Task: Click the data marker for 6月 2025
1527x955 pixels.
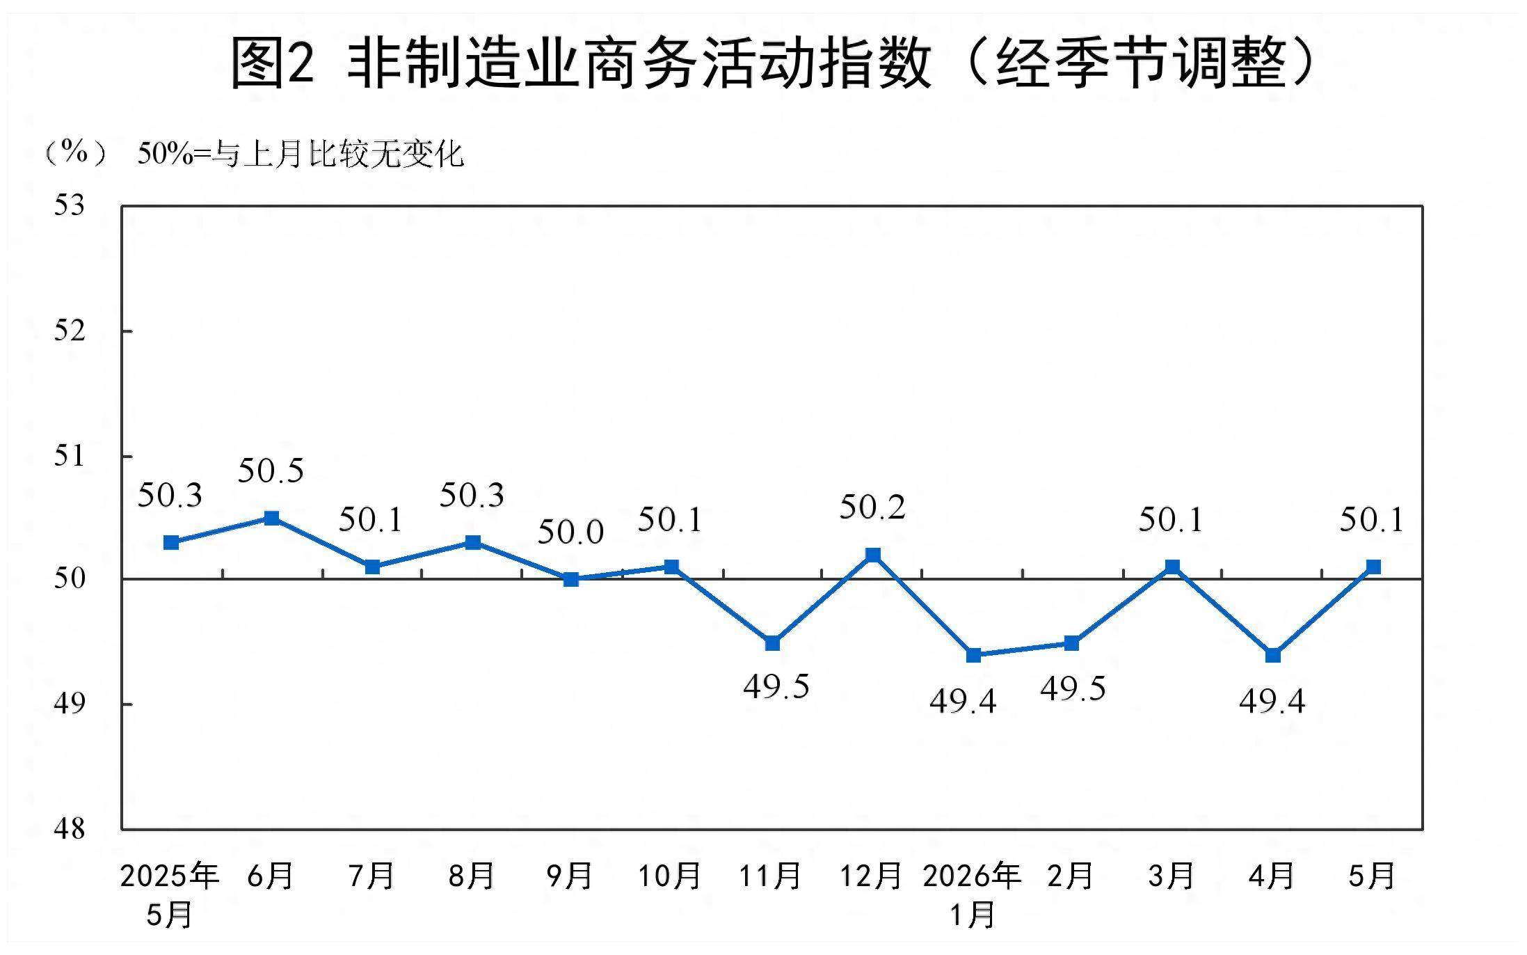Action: [272, 518]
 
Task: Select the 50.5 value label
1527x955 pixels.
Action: [271, 471]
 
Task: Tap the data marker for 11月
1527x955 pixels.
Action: [772, 643]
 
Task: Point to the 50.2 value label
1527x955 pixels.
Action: [872, 507]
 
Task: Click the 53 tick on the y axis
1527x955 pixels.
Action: [70, 205]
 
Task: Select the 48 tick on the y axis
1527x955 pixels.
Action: [70, 828]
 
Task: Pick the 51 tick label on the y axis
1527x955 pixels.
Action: [70, 455]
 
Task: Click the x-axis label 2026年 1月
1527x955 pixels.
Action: [972, 895]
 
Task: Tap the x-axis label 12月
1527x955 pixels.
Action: [871, 876]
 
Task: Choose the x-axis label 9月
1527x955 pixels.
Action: [569, 876]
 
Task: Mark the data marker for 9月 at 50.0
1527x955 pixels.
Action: [571, 579]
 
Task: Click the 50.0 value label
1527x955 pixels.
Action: [570, 532]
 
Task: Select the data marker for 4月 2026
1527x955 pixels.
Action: [1273, 655]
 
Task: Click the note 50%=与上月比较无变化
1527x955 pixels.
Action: [301, 154]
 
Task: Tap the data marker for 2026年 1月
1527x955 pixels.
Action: [974, 655]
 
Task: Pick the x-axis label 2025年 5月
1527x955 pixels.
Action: [169, 895]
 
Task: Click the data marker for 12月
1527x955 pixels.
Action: [873, 555]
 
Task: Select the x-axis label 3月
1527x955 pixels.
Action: [1171, 876]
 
